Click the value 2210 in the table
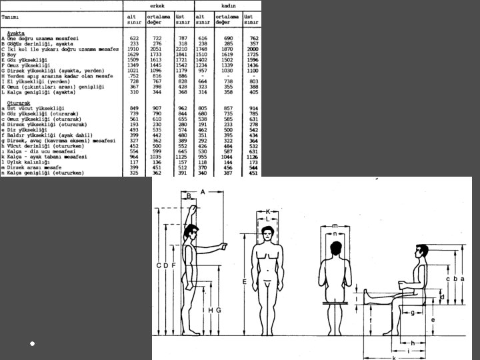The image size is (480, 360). (181, 49)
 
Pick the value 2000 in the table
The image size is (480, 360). (252, 49)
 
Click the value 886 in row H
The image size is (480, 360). (182, 77)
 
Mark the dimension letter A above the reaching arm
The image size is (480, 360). (202, 191)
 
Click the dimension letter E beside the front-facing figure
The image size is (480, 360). (245, 282)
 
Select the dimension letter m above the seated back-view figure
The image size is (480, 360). (334, 226)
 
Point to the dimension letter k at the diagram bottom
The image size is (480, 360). (393, 357)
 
